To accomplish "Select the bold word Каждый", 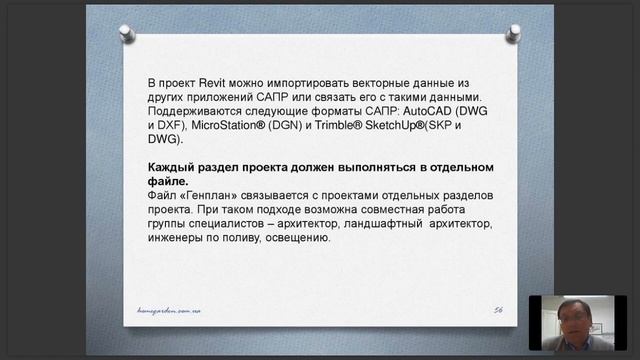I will (172, 166).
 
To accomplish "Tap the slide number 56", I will (497, 311).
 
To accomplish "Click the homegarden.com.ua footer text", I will (176, 311).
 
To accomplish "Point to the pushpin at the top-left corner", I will (127, 33).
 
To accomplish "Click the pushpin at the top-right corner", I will (512, 33).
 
